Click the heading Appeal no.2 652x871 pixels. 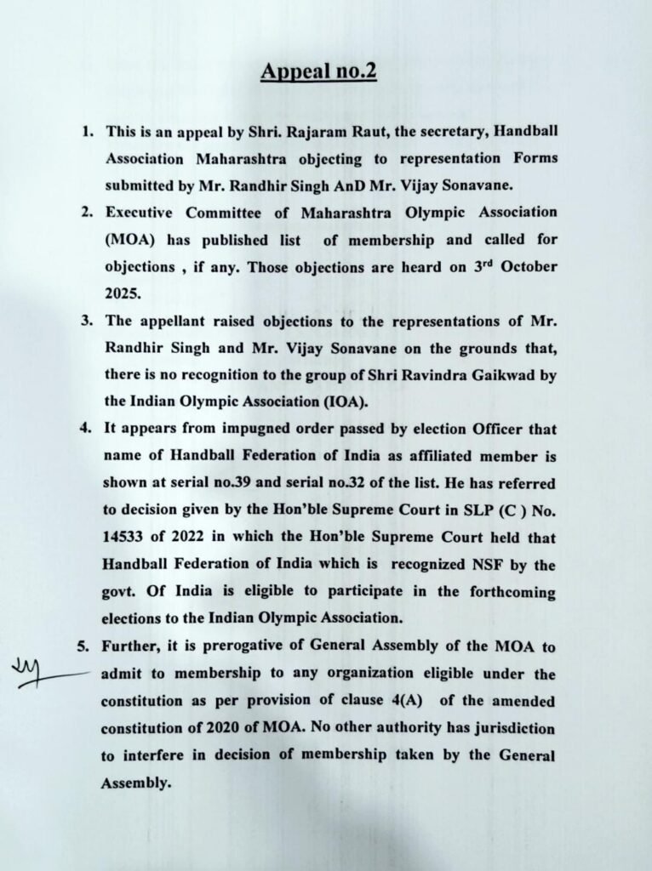click(x=318, y=71)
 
